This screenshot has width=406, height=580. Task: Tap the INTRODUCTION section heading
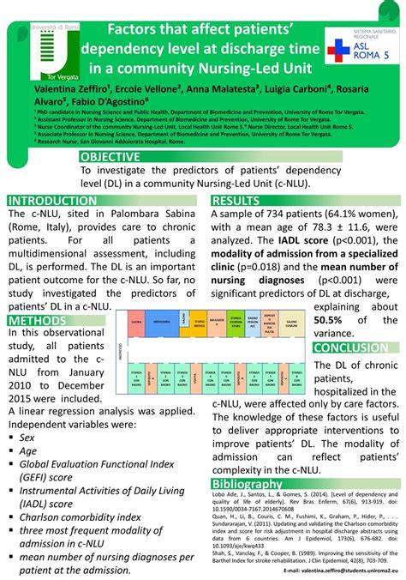[53, 200]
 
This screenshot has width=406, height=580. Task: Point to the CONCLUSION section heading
[355, 347]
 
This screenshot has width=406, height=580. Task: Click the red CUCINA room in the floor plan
[134, 322]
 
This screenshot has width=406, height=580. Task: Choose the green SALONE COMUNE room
[291, 323]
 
